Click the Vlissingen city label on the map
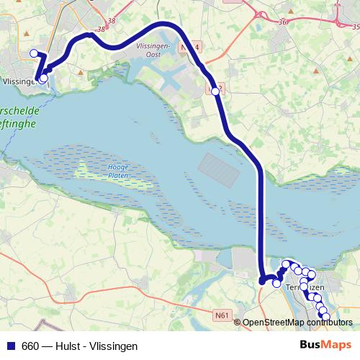point(19,81)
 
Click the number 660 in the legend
point(31,346)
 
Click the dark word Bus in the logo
point(312,345)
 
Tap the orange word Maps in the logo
point(338,345)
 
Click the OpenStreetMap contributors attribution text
point(297,323)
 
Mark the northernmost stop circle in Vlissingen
point(33,53)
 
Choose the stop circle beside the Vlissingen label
point(43,78)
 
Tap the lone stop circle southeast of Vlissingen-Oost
point(215,91)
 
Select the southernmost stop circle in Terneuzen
point(325,317)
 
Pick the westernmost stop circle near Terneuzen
point(276,284)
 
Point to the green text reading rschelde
point(22,112)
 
